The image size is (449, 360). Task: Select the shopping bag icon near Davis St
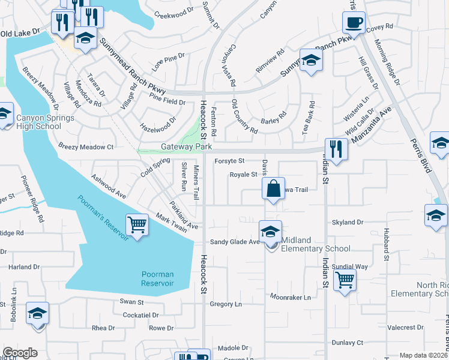pos(273,188)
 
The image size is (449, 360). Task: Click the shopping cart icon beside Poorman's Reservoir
pos(137,225)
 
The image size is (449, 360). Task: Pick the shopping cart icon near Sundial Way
pos(345,279)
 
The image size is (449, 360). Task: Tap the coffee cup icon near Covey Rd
pos(353,22)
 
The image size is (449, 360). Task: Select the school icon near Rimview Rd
pos(311,60)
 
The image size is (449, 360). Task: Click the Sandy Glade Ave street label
pos(234,242)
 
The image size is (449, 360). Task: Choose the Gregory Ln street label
pos(226,304)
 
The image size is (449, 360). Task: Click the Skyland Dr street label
pos(348,222)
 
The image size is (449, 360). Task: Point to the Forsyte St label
pos(229,161)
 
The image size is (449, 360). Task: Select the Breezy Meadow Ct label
pos(86,146)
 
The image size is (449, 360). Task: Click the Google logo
pos(20,353)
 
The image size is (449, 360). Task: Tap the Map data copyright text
pos(423,355)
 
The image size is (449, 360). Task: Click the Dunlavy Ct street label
pos(348,343)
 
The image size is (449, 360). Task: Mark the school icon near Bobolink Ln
pos(37,314)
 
